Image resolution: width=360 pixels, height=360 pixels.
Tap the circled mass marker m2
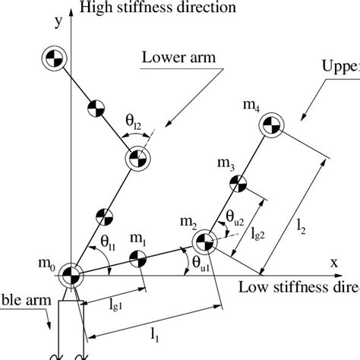(x=203, y=244)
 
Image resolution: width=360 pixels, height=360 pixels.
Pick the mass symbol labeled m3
(x=238, y=183)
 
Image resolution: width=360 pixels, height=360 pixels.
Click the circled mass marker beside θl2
(x=137, y=158)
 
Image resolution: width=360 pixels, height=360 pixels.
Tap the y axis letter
(x=56, y=23)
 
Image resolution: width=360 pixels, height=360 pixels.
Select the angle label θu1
(x=202, y=266)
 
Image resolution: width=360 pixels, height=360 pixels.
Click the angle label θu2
(x=235, y=219)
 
